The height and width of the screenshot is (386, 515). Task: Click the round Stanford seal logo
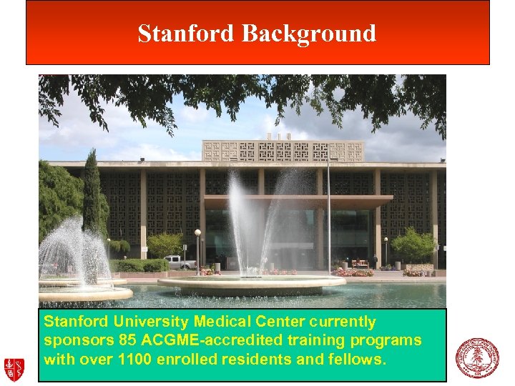477,357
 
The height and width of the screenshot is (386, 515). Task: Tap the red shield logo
14,368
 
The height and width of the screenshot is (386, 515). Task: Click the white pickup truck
180,262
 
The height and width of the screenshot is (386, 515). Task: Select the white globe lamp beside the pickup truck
197,233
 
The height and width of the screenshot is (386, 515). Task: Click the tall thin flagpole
328,214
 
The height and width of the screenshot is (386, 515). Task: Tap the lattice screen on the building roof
283,151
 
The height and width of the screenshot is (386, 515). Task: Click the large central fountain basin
251,283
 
